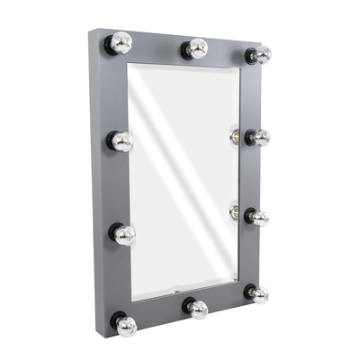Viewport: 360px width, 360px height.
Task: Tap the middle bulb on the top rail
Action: (196, 49)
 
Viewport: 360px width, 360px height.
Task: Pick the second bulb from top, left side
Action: (122, 141)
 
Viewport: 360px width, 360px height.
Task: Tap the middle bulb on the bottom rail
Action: (197, 309)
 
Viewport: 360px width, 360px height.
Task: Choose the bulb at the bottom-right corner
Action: (258, 294)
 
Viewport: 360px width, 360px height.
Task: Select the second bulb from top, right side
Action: (258, 137)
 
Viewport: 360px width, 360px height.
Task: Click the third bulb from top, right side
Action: (258, 217)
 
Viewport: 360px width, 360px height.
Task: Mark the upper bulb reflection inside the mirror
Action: (235, 137)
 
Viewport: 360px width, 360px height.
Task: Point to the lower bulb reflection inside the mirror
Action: (235, 212)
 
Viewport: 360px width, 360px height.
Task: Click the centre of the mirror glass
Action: (184, 180)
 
